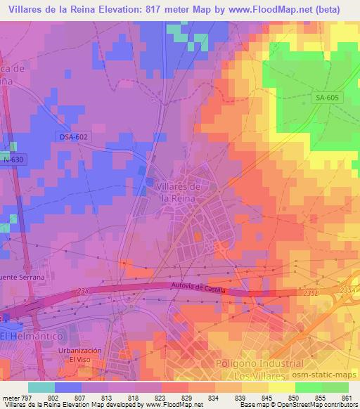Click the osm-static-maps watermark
point(329,360)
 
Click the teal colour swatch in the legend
point(41,387)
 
